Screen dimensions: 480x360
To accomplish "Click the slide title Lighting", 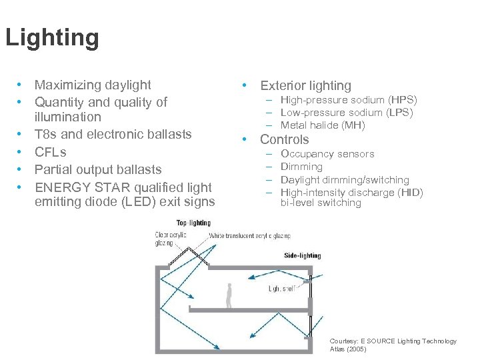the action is click(x=52, y=37).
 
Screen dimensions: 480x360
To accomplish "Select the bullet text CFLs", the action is click(x=50, y=152).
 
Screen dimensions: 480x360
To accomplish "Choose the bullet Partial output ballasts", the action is click(x=97, y=169).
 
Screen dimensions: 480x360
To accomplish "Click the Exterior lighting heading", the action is click(x=305, y=85).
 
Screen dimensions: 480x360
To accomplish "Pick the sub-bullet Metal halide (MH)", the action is click(x=323, y=125).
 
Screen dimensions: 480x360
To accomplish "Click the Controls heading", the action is click(x=284, y=139).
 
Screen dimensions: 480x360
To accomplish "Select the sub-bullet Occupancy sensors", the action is click(x=327, y=154).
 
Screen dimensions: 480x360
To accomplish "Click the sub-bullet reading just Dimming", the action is click(x=301, y=167).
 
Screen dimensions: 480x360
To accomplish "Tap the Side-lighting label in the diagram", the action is click(x=302, y=255).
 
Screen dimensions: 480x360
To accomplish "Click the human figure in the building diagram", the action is click(x=229, y=295).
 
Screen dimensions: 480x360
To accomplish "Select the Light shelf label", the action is click(x=282, y=289).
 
